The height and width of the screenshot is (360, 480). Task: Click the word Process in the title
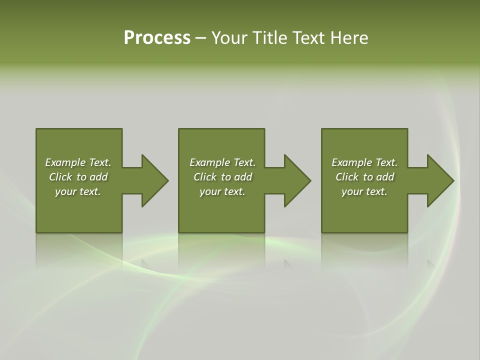[157, 38]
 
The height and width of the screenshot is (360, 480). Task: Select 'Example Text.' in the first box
[78, 162]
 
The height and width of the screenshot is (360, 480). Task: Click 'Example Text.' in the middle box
[222, 162]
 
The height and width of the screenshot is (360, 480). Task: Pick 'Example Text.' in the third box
[364, 162]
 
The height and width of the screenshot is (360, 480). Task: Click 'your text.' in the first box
[78, 191]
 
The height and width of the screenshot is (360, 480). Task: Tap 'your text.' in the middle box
[222, 191]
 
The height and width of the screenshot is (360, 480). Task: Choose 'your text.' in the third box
[364, 191]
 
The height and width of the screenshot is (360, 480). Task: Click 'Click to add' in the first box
[78, 177]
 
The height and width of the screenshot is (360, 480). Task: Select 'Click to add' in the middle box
[222, 177]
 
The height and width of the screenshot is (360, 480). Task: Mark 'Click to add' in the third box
[364, 177]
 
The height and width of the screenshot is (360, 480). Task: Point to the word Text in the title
[307, 38]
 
